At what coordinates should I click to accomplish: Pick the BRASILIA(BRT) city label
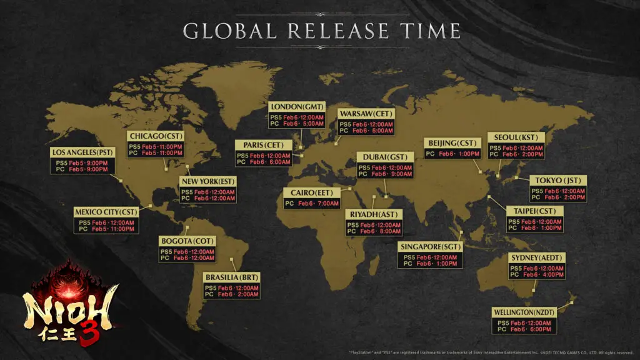pyautogui.click(x=231, y=277)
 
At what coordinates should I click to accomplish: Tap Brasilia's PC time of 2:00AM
pyautogui.click(x=245, y=294)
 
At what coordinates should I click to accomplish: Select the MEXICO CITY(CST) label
pyautogui.click(x=106, y=211)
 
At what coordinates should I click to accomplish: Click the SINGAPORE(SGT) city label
pyautogui.click(x=430, y=247)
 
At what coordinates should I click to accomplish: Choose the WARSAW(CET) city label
pyautogui.click(x=366, y=114)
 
